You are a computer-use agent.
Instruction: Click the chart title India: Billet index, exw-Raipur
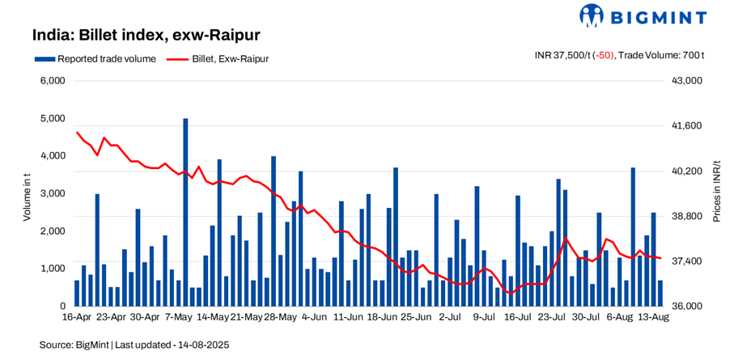click(x=146, y=36)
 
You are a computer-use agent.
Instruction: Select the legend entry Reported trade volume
click(x=95, y=58)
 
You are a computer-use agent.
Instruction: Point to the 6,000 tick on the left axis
click(x=53, y=81)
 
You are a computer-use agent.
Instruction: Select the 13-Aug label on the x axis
click(x=652, y=317)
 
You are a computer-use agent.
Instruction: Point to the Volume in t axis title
click(x=27, y=193)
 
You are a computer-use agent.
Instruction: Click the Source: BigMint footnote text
click(x=135, y=345)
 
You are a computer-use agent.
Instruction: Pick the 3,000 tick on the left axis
click(x=53, y=193)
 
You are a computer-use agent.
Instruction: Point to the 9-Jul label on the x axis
click(x=484, y=317)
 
